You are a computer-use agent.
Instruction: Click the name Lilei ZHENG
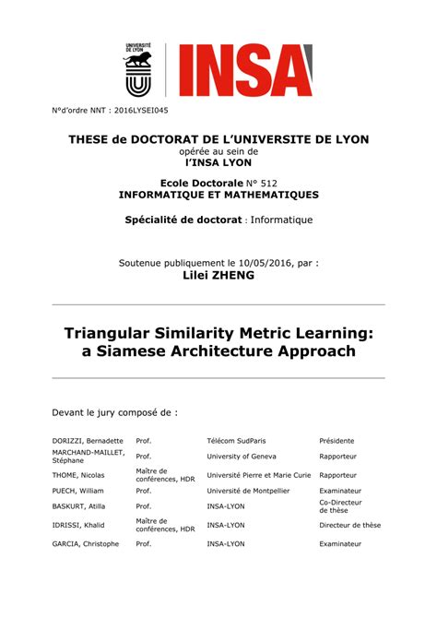[218, 275]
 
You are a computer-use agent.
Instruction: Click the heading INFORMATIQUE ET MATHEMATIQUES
[218, 195]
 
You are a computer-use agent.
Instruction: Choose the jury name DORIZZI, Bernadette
[88, 441]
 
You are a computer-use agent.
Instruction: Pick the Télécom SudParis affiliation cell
[242, 441]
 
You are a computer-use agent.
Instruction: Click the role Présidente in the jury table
[337, 441]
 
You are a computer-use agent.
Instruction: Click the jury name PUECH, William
[79, 491]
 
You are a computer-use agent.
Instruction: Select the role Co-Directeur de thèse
[340, 506]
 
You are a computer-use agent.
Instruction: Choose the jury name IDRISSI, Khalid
[80, 525]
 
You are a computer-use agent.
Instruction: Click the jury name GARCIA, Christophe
[86, 544]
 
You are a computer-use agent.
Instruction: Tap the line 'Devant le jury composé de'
[114, 412]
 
